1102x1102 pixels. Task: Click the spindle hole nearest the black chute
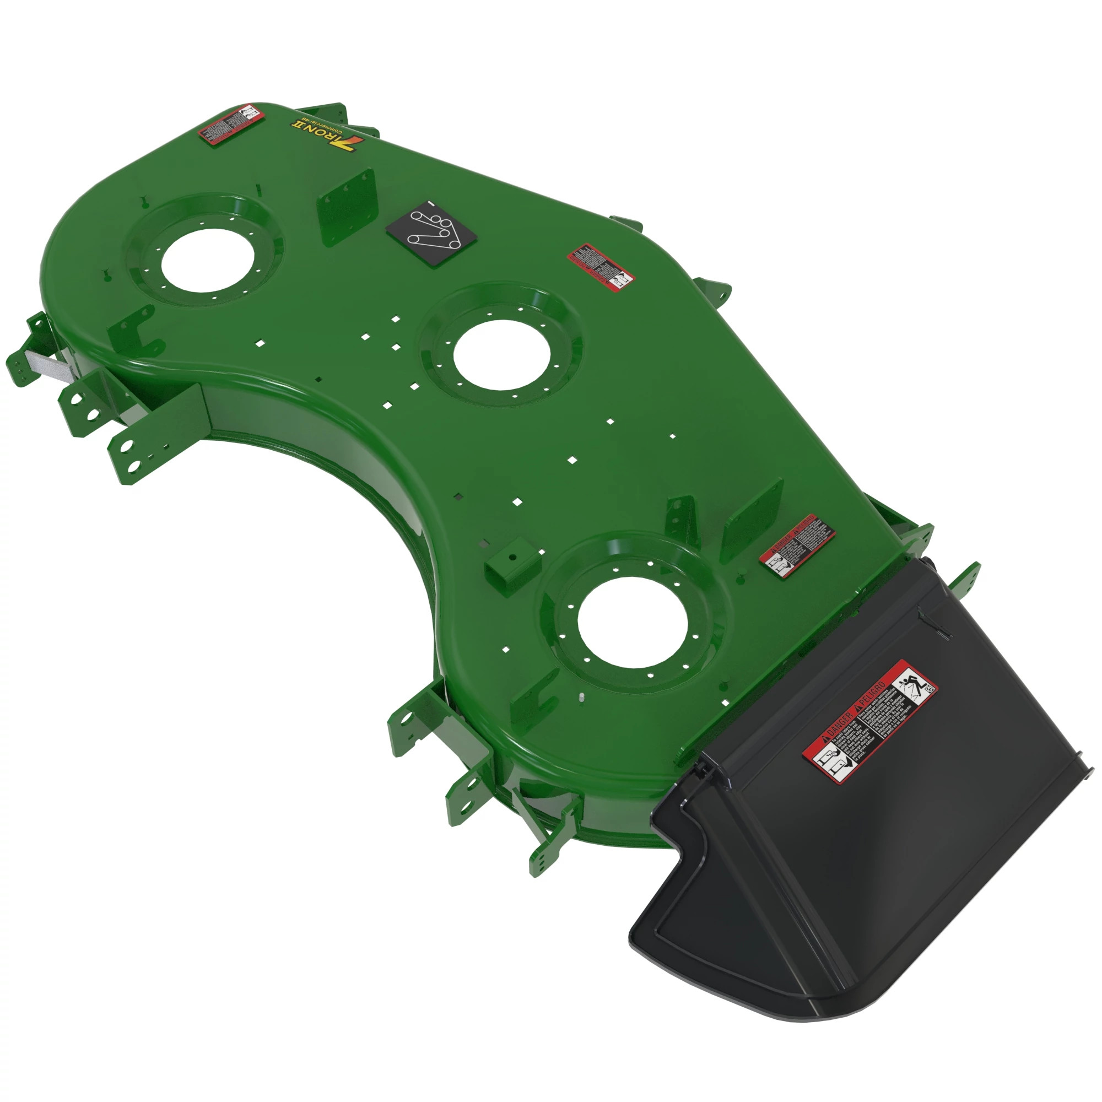633,622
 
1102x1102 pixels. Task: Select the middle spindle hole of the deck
502,354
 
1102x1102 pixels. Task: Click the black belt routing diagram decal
431,234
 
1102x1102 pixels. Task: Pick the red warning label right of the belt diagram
601,267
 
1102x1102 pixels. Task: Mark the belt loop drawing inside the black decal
431,231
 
